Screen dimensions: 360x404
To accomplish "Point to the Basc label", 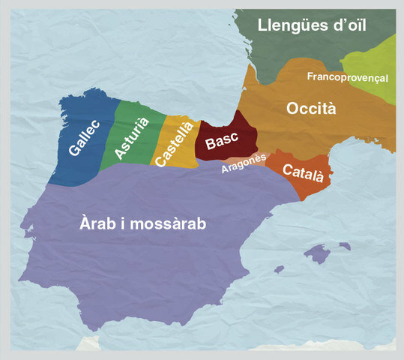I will click(x=222, y=142).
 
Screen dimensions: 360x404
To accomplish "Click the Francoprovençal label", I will click(x=347, y=76).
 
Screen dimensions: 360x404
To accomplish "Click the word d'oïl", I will click(x=351, y=25).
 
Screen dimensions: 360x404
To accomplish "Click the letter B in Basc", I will click(x=210, y=148).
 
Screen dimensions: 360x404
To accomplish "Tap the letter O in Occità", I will click(x=293, y=109).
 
